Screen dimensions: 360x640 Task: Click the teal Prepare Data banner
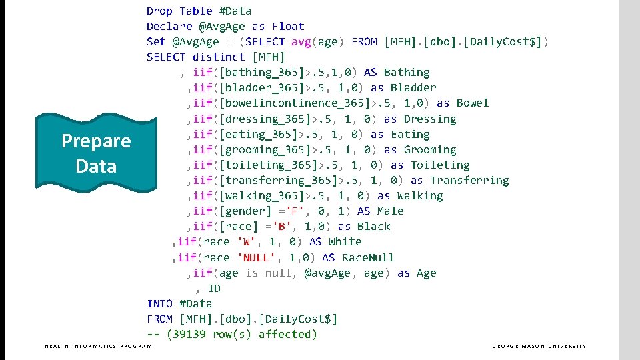point(96,153)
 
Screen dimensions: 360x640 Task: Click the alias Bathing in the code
point(407,73)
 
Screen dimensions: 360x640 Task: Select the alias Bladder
point(413,88)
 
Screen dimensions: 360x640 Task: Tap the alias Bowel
point(473,103)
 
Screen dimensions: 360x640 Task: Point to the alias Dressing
point(430,119)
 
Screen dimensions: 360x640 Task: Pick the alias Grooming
point(430,150)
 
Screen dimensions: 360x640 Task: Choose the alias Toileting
point(440,165)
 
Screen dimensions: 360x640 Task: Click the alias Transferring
point(469,181)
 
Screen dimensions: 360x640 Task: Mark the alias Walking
point(420,196)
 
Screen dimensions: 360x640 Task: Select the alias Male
point(390,211)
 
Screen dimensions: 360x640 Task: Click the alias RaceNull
point(368,258)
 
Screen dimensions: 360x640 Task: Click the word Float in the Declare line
point(288,27)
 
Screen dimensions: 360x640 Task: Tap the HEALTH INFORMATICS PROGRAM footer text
point(98,346)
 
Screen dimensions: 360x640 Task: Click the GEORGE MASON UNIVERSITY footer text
point(539,346)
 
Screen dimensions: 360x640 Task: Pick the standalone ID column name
point(214,289)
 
